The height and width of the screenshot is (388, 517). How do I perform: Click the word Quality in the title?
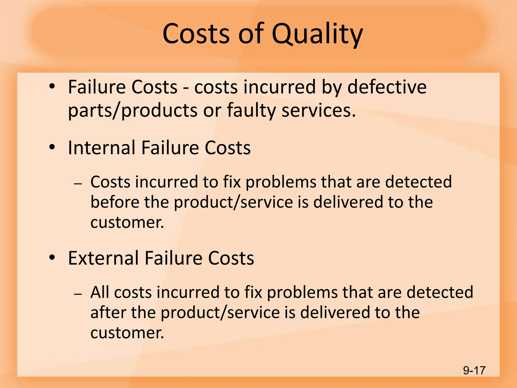(317, 34)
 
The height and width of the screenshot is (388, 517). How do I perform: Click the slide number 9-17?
(474, 371)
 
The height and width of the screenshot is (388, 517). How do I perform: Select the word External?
(104, 258)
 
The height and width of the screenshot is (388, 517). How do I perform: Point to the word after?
(108, 312)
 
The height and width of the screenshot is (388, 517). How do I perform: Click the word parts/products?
(133, 111)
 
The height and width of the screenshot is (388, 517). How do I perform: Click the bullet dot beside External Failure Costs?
(52, 257)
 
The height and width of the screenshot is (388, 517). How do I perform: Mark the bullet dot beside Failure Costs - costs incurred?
(52, 86)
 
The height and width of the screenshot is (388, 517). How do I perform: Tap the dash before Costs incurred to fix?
(78, 184)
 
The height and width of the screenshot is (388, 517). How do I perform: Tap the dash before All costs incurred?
(78, 294)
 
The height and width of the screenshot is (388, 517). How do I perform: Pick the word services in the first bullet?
(319, 111)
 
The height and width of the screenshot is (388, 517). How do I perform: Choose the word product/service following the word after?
(220, 313)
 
